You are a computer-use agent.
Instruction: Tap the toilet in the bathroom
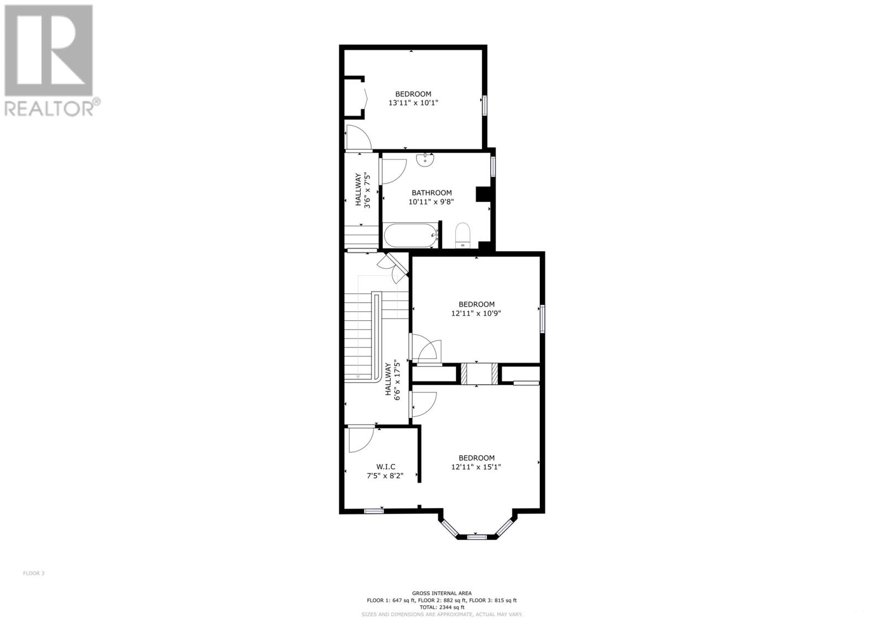(x=462, y=234)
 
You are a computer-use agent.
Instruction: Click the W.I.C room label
(x=386, y=467)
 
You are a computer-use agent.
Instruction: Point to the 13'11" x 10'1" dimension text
(x=413, y=103)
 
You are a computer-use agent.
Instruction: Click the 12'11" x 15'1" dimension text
(x=476, y=467)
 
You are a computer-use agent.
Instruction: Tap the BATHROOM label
(x=432, y=193)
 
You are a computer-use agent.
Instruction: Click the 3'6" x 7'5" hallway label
(x=362, y=189)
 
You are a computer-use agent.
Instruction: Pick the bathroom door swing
(x=393, y=170)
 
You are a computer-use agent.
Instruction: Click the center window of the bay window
(x=476, y=537)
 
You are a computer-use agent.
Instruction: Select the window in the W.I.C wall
(x=374, y=511)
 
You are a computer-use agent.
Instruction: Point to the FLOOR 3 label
(x=34, y=573)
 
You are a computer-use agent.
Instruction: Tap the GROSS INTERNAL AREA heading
(x=441, y=593)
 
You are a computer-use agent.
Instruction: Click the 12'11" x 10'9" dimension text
(x=476, y=313)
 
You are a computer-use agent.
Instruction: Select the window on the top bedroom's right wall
(x=485, y=105)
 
